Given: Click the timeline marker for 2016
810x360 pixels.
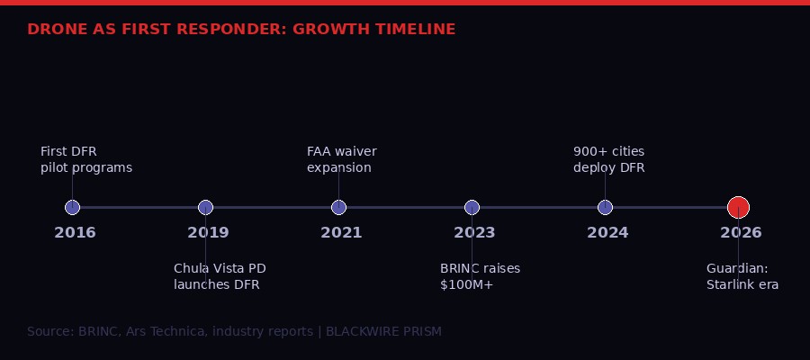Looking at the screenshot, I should point(73,207).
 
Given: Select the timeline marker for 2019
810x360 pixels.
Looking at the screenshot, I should point(205,207).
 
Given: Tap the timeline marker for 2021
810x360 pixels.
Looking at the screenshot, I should point(338,207).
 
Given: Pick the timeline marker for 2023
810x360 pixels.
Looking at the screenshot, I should point(472,207).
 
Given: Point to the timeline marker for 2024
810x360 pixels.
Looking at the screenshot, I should point(605,207).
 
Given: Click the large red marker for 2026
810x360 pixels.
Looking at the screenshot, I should point(738,207).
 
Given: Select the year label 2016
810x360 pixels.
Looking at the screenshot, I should point(75,233).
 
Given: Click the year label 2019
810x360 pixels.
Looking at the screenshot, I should point(208,233).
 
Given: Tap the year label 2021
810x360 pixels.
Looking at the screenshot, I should point(341,233).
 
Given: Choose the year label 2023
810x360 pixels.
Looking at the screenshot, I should point(474,233).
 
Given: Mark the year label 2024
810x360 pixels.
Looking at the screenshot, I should point(607,233).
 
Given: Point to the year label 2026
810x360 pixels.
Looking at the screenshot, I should point(741,233).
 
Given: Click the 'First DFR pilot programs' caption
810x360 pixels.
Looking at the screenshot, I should point(86,159).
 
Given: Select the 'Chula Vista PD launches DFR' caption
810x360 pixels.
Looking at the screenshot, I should point(220,276).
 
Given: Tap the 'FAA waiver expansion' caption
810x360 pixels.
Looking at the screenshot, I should point(342,159).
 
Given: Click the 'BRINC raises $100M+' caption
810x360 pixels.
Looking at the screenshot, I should point(480,276).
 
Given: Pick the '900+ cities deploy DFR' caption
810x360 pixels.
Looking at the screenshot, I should point(609,159).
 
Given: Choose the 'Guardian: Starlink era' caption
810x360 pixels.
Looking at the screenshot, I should point(742,276).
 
